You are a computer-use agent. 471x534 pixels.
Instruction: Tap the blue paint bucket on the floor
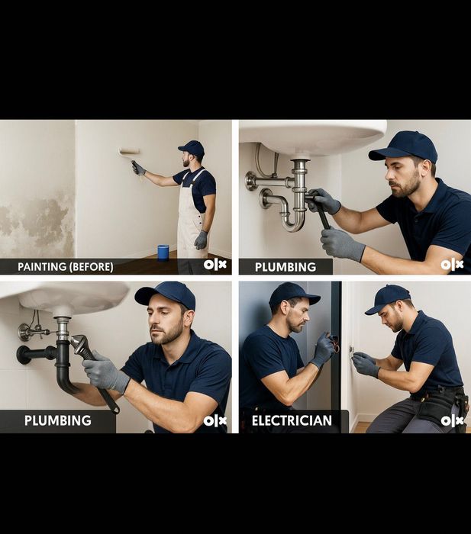[163, 252]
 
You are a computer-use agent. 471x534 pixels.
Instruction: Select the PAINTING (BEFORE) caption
[66, 266]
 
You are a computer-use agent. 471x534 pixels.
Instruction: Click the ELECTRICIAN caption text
[292, 420]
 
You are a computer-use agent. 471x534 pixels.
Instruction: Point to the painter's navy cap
[192, 147]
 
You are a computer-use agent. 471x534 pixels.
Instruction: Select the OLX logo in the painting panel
[215, 265]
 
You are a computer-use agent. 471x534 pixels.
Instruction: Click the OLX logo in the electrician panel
[452, 420]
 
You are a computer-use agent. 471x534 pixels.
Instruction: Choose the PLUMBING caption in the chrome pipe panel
[285, 267]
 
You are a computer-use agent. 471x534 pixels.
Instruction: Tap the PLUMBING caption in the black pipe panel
[57, 420]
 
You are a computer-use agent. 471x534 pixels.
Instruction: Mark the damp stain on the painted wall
[38, 221]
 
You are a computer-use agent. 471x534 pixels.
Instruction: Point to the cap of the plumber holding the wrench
[166, 294]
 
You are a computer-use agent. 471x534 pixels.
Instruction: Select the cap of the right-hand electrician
[389, 297]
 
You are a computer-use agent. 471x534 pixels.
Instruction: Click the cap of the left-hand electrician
[292, 292]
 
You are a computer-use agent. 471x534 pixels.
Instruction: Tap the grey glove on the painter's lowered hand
[201, 240]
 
